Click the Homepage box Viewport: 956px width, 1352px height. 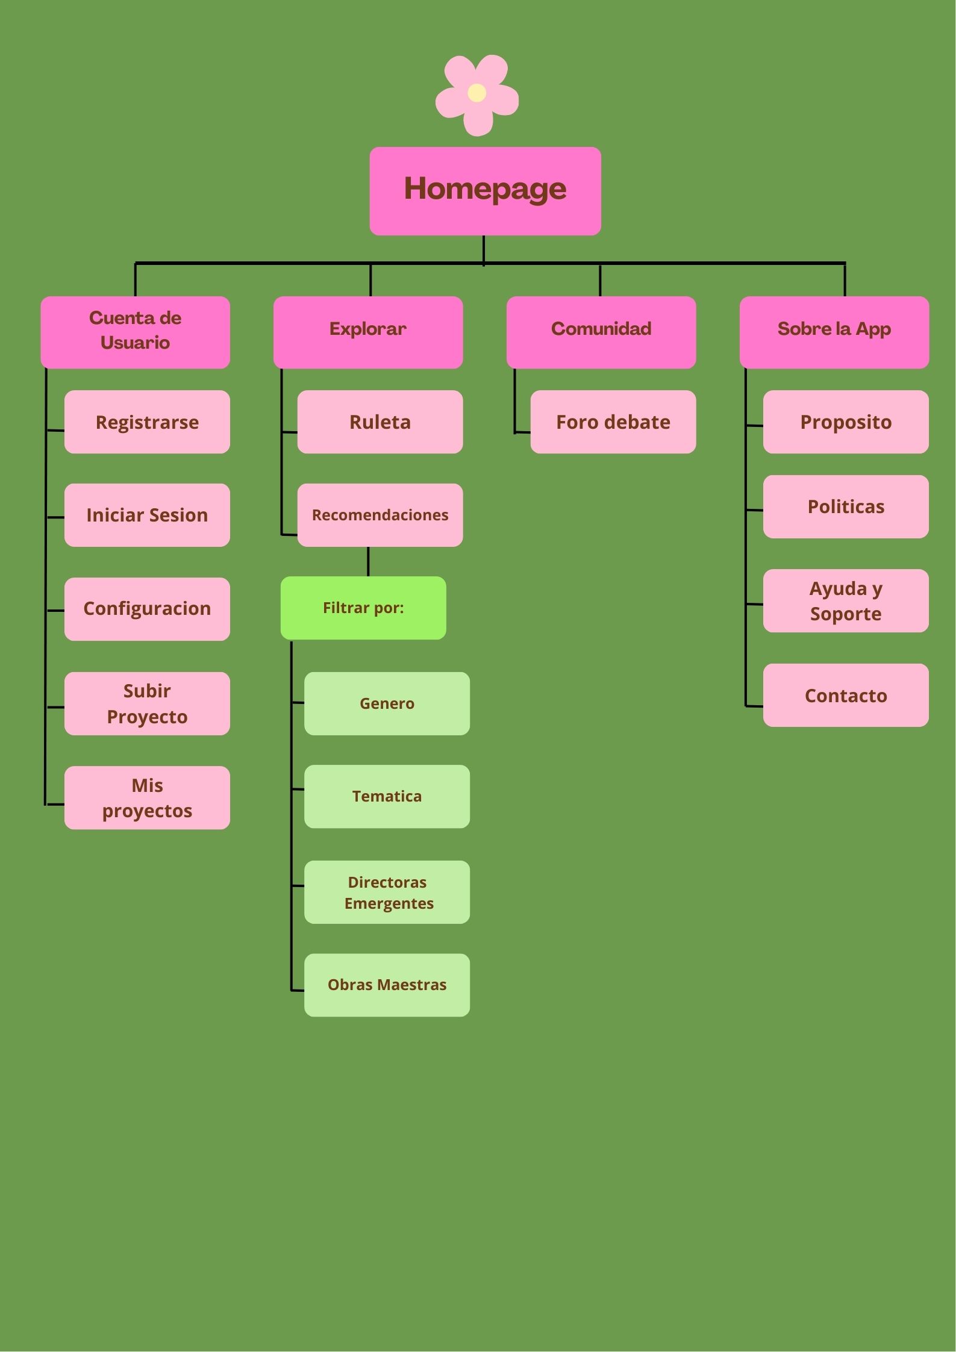(x=485, y=190)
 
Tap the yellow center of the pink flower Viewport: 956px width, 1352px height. (x=476, y=93)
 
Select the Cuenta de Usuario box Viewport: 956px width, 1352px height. (x=135, y=332)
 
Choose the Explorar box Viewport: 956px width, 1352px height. (x=368, y=332)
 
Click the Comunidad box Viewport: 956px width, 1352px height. (x=601, y=332)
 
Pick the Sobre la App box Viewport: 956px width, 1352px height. (x=834, y=332)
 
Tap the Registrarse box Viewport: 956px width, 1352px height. (x=147, y=422)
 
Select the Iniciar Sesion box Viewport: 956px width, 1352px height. (x=147, y=515)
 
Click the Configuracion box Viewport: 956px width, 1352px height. (x=147, y=609)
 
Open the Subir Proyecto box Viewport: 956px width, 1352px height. (x=147, y=703)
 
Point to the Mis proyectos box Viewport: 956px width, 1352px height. (x=147, y=797)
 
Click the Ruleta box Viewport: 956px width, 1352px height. (x=380, y=422)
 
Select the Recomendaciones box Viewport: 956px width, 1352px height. (x=380, y=515)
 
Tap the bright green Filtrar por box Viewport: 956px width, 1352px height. (x=363, y=608)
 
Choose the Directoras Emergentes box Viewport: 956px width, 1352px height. (x=387, y=892)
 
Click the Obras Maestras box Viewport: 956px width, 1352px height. (x=387, y=985)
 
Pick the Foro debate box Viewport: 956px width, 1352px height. (x=613, y=422)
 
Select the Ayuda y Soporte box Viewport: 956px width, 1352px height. (x=846, y=600)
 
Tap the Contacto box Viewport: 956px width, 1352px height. (x=846, y=695)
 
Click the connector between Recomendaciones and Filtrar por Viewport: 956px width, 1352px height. (x=368, y=561)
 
